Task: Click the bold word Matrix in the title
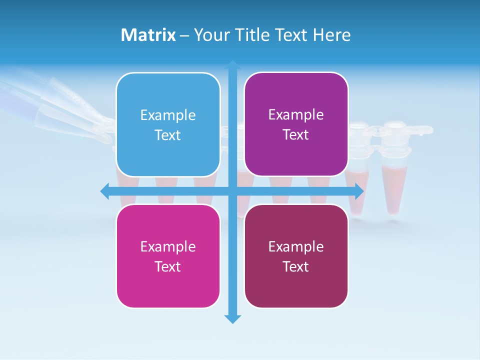pyautogui.click(x=148, y=35)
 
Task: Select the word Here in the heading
pyautogui.click(x=331, y=35)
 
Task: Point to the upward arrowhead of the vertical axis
pyautogui.click(x=232, y=65)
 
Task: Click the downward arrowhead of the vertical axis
pyautogui.click(x=232, y=318)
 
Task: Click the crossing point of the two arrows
pyautogui.click(x=232, y=191)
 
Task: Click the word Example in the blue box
pyautogui.click(x=168, y=115)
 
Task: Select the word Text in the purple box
pyautogui.click(x=296, y=135)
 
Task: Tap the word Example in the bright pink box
pyautogui.click(x=168, y=246)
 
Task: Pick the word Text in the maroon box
pyautogui.click(x=296, y=266)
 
